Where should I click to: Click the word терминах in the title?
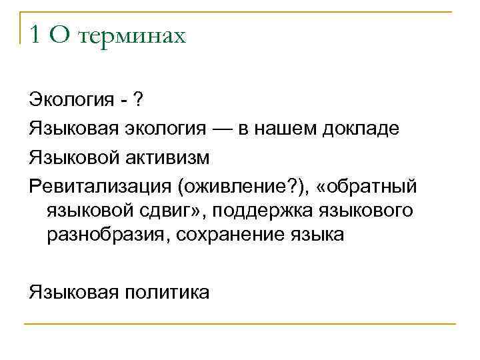131,35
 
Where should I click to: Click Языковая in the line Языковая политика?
73,293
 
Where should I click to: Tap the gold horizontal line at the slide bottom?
240,324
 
